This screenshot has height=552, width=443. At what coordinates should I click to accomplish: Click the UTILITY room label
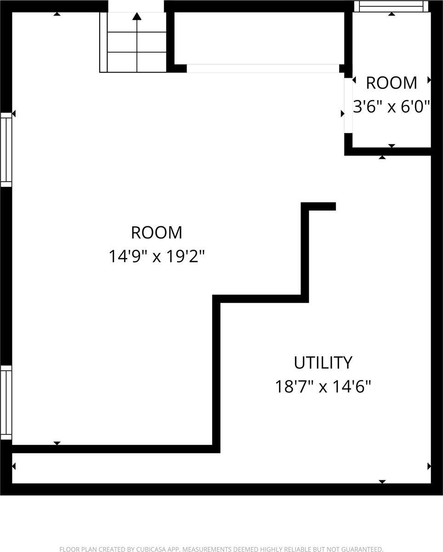(323, 362)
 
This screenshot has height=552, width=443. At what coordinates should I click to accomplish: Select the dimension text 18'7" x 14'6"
(323, 387)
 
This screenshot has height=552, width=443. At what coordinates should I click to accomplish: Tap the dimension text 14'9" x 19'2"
(156, 256)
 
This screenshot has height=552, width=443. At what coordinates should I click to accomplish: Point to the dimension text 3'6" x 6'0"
(392, 107)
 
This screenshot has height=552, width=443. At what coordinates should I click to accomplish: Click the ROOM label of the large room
(156, 232)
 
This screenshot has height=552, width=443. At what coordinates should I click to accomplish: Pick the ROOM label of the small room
(392, 83)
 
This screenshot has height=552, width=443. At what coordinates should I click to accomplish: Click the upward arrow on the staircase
(136, 17)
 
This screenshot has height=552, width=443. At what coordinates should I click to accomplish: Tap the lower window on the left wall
(6, 402)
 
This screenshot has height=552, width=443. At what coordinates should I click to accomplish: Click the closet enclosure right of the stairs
(259, 38)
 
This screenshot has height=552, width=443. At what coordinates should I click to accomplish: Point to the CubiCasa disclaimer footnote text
(221, 549)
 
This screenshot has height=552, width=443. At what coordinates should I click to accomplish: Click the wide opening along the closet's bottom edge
(262, 69)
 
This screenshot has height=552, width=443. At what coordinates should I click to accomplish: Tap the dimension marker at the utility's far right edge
(429, 466)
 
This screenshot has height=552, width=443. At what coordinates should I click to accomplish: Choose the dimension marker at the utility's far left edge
(14, 466)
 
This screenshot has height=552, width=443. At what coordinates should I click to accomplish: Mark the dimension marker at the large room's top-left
(57, 14)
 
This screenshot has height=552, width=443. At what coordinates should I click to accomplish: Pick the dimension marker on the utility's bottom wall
(382, 481)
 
